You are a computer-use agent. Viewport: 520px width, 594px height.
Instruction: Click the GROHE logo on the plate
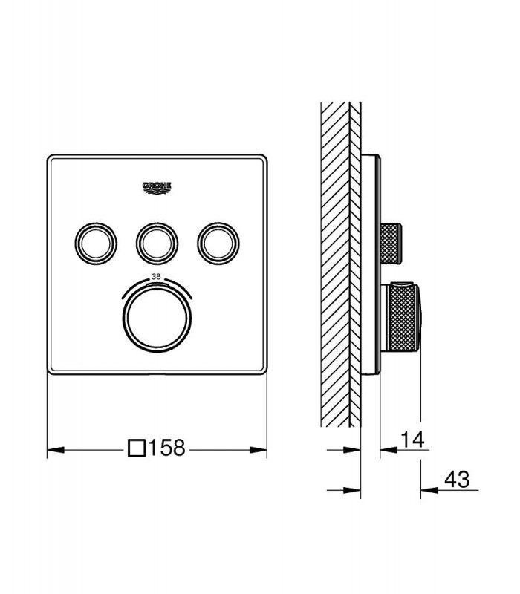coord(157,188)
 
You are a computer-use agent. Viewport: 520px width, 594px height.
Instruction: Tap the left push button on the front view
coord(96,244)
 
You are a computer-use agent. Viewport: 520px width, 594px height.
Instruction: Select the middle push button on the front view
coord(157,244)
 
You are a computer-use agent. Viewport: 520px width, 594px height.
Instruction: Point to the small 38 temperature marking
coord(156,277)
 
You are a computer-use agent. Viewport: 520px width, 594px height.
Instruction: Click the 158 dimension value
coord(166,448)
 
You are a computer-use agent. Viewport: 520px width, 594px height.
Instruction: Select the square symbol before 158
coord(137,448)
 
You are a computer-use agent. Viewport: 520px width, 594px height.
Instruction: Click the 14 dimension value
coord(413,440)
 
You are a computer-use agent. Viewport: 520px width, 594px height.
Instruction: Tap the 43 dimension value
coord(457,479)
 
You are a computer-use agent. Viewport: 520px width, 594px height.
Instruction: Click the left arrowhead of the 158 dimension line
coord(55,450)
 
